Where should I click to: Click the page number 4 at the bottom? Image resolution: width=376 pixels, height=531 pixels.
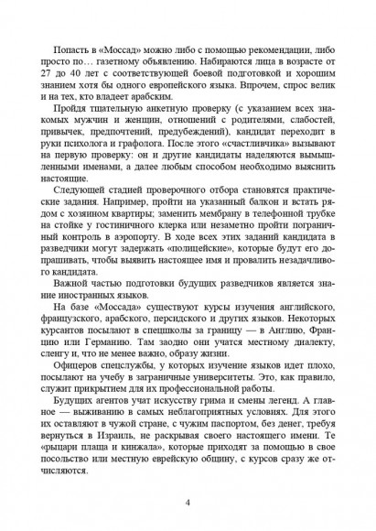(x=187, y=504)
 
